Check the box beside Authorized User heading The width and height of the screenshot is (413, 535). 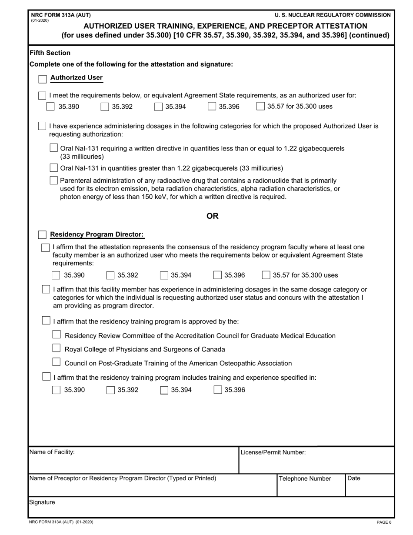(x=42, y=79)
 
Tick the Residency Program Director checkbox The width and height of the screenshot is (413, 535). (x=42, y=235)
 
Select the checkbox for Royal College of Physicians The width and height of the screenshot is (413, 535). (x=56, y=348)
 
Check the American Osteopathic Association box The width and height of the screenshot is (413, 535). (x=56, y=362)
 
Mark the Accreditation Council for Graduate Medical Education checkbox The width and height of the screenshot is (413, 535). (x=56, y=334)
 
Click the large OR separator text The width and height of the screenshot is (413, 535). (x=212, y=216)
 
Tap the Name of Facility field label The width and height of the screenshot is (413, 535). (x=52, y=452)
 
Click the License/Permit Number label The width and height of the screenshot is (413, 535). (x=273, y=452)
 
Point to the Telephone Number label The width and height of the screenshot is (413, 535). (x=305, y=478)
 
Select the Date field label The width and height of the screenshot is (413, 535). (x=354, y=478)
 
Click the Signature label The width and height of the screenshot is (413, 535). (x=42, y=502)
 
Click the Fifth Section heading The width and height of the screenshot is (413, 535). (x=50, y=53)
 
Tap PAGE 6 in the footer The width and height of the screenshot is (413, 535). (x=384, y=522)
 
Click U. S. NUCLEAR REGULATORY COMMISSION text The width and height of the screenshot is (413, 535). (x=333, y=15)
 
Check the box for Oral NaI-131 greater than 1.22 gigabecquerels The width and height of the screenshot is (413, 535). (x=53, y=167)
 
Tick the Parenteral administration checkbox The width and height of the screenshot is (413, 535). (x=53, y=180)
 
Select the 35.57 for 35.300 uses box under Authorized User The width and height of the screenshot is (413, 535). (x=260, y=106)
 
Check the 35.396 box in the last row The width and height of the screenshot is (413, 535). (x=218, y=390)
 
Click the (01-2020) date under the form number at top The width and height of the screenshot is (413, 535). (x=40, y=20)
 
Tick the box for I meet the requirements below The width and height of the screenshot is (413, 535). (x=42, y=95)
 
